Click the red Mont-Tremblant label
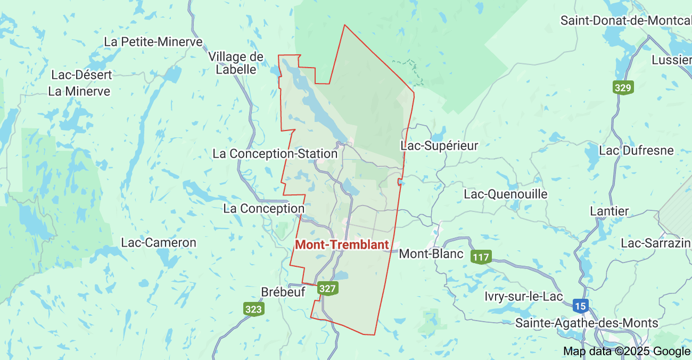click(342, 245)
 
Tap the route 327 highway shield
click(328, 289)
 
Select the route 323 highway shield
click(254, 309)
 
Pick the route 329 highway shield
click(623, 88)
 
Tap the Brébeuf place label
click(283, 292)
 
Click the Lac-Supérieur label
click(439, 145)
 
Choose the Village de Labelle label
click(236, 63)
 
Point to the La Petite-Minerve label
click(153, 42)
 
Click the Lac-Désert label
click(81, 75)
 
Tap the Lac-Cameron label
click(159, 243)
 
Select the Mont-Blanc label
click(431, 253)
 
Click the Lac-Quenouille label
click(505, 194)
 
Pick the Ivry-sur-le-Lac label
click(524, 297)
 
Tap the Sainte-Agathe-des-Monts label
click(587, 323)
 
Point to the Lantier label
click(609, 211)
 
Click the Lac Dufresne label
click(636, 151)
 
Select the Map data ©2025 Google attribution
click(627, 351)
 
